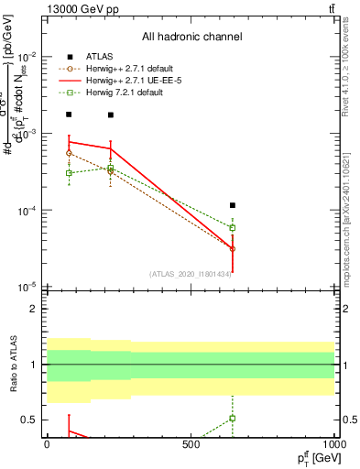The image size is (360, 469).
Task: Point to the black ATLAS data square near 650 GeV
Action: (x=233, y=205)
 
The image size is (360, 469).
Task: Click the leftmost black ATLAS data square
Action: (x=69, y=115)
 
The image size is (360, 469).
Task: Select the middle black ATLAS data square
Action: (x=111, y=115)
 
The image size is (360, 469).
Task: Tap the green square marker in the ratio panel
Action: (x=233, y=418)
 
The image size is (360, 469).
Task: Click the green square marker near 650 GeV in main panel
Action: (x=233, y=227)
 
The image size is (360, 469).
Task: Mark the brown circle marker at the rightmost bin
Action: (x=233, y=248)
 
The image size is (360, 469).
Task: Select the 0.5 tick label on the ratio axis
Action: (x=29, y=420)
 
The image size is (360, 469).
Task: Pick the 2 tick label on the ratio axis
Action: (x=34, y=309)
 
